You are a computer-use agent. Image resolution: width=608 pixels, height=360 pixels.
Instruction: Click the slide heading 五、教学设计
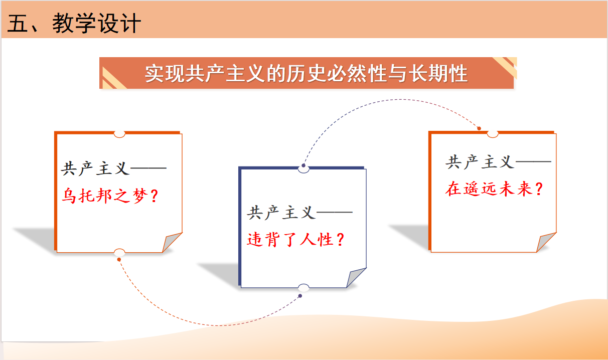click(74, 24)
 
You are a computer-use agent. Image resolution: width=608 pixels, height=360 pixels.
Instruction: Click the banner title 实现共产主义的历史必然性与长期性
click(306, 74)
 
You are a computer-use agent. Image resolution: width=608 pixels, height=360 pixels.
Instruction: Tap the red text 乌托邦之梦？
click(110, 196)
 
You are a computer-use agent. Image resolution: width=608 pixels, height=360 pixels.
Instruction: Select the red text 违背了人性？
click(296, 240)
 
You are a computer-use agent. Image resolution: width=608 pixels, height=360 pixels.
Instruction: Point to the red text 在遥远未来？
click(494, 189)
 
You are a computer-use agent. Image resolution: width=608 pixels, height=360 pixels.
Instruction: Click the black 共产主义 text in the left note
click(95, 168)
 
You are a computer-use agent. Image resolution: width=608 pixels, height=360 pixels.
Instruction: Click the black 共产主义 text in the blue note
click(281, 213)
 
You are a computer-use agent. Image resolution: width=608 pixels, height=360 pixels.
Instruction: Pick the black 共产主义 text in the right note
click(480, 162)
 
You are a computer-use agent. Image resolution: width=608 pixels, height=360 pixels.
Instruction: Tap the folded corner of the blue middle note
click(356, 277)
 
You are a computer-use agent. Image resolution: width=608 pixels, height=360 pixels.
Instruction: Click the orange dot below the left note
click(119, 260)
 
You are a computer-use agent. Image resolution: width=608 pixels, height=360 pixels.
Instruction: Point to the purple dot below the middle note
click(300, 296)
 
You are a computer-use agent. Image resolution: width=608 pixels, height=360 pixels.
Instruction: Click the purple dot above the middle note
click(303, 165)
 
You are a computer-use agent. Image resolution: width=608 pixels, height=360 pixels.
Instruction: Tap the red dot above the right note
click(479, 128)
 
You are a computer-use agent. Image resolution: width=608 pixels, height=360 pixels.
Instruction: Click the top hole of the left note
click(119, 134)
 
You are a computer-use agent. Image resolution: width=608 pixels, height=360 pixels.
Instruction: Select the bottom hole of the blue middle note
click(303, 288)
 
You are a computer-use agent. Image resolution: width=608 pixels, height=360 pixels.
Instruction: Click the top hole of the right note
click(493, 134)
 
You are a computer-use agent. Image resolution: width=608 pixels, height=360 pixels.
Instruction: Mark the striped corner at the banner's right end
click(506, 67)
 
